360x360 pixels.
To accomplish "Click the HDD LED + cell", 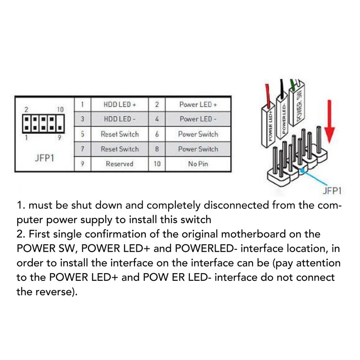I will (x=120, y=104).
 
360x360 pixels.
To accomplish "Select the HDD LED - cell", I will (x=120, y=119).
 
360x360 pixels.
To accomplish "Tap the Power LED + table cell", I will (x=198, y=104).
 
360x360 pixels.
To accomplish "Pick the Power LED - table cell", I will (x=198, y=119).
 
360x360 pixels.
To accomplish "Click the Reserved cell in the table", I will (x=120, y=164).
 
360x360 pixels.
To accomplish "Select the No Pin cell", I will (x=198, y=164).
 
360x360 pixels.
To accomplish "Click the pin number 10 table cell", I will (x=157, y=164).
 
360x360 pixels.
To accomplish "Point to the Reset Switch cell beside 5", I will (x=120, y=134).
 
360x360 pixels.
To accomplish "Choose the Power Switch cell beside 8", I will (x=198, y=149).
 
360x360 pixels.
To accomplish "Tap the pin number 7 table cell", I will (x=82, y=149).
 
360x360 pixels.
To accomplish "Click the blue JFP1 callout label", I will (x=332, y=191).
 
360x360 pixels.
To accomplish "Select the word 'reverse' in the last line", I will (x=57, y=292).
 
